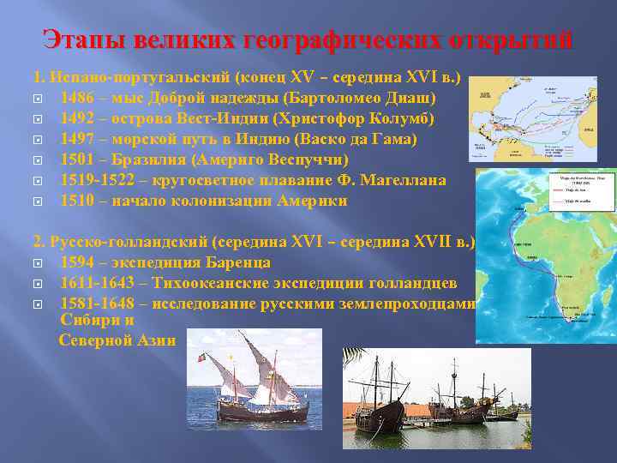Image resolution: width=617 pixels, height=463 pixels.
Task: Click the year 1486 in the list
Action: point(77,98)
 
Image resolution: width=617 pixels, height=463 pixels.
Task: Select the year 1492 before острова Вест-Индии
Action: point(77,118)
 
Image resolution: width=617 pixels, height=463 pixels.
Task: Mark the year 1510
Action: point(77,201)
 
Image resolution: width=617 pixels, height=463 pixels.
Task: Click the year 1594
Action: point(77,262)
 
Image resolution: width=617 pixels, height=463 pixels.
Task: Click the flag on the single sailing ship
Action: point(203,354)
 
